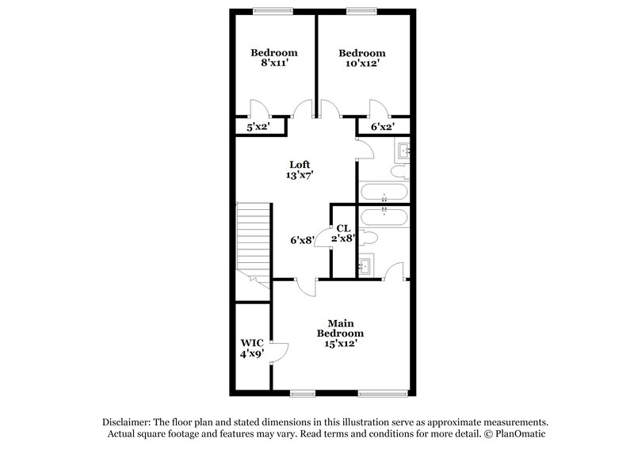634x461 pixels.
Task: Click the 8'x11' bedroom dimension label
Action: tap(274, 65)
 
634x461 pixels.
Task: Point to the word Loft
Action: tap(299, 164)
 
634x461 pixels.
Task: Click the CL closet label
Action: tap(343, 228)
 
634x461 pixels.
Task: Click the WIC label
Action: tap(252, 343)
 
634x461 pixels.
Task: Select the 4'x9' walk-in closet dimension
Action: tap(252, 355)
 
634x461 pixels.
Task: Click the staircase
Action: tap(254, 238)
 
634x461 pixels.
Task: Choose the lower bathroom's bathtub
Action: tap(384, 216)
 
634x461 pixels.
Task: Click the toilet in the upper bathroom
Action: tap(399, 170)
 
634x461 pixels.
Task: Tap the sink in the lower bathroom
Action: tap(366, 265)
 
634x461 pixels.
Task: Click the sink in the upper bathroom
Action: tap(403, 149)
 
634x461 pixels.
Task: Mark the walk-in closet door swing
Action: tap(278, 352)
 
